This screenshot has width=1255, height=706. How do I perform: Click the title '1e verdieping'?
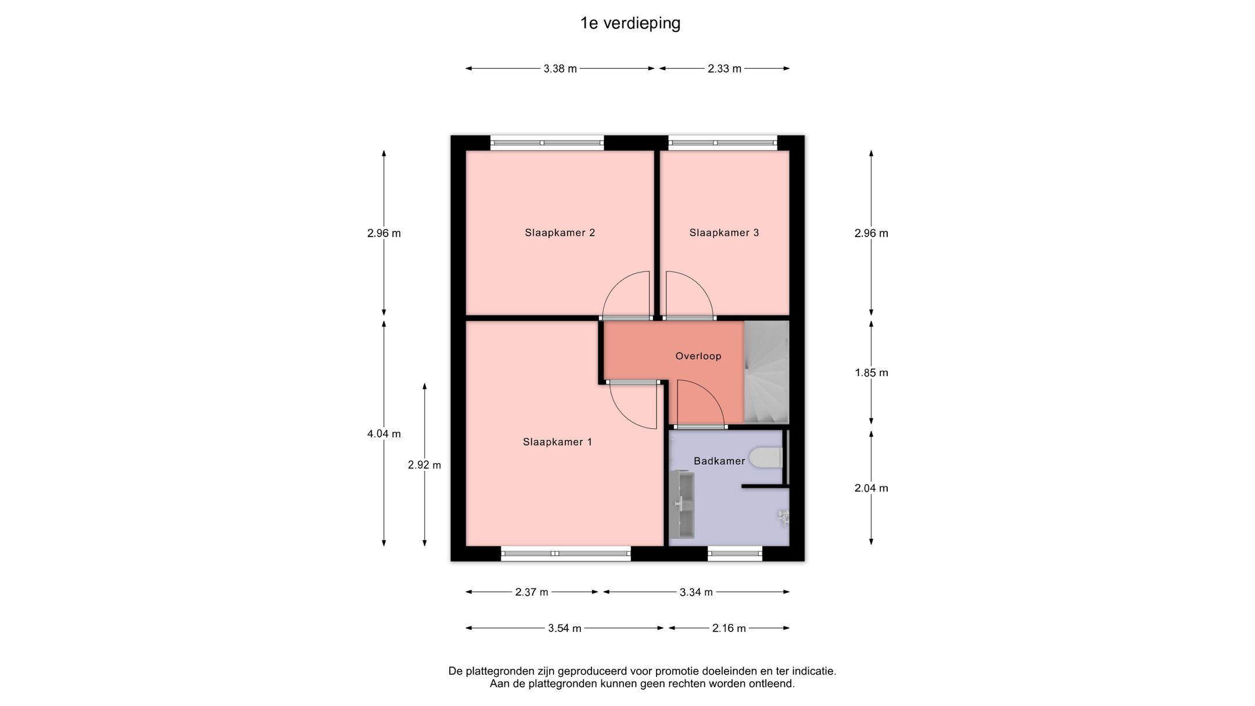click(630, 23)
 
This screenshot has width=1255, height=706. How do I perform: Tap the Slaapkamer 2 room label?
click(560, 233)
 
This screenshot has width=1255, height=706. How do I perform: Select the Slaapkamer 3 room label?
click(724, 233)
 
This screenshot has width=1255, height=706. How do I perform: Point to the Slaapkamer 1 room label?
click(557, 442)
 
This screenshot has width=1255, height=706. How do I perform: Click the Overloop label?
click(698, 356)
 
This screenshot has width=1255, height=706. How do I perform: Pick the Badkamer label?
click(719, 461)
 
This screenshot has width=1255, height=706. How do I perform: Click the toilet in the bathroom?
click(766, 457)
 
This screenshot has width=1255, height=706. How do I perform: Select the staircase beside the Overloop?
click(766, 372)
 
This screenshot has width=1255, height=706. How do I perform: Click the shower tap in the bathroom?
click(784, 517)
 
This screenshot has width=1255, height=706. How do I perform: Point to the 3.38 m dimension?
click(560, 69)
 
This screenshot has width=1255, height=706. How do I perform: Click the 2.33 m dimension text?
click(725, 69)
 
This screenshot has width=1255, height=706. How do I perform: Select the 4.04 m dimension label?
click(384, 433)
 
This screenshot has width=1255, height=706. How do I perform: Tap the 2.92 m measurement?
click(425, 465)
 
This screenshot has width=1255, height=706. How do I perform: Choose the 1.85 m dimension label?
click(872, 372)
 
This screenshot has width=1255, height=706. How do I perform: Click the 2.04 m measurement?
click(872, 488)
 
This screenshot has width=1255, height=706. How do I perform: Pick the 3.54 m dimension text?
click(565, 628)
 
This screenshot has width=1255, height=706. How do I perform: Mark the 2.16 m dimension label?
click(729, 628)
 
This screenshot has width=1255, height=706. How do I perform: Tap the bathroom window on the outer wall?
click(735, 553)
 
